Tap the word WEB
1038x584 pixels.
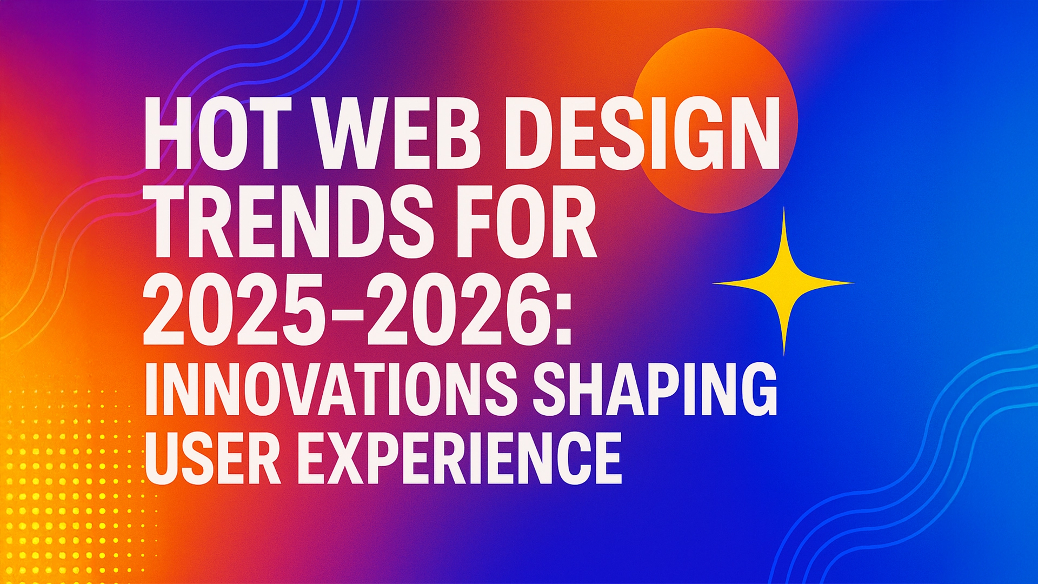(x=400, y=134)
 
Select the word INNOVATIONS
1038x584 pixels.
(x=327, y=389)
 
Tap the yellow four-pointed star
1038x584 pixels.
(x=784, y=283)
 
